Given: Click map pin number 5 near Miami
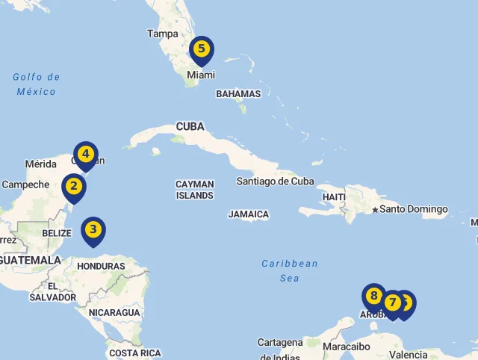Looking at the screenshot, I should (x=201, y=49).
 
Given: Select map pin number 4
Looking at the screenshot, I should (x=86, y=155).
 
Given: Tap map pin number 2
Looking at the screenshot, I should (x=73, y=187).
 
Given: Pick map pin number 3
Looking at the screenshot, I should (x=93, y=230).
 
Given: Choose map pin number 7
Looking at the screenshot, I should (x=392, y=302).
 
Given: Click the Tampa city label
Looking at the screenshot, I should (x=163, y=34).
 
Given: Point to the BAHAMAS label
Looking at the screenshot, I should (x=238, y=94).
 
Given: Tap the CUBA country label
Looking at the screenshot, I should (x=190, y=127).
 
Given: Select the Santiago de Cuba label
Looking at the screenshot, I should (x=275, y=181).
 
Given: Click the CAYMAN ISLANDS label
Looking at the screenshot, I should (x=194, y=190).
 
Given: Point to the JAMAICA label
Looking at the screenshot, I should (x=249, y=214).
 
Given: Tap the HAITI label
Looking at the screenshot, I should (x=333, y=197).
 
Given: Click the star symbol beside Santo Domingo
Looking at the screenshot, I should (x=375, y=209).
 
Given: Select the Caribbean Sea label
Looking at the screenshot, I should (x=289, y=270).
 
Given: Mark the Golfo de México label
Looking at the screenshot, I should (x=36, y=84).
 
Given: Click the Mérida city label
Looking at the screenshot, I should (x=41, y=164).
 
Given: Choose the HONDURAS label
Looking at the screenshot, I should (x=101, y=266).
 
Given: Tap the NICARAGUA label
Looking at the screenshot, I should (x=114, y=312).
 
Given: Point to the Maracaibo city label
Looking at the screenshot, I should (x=347, y=347).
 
